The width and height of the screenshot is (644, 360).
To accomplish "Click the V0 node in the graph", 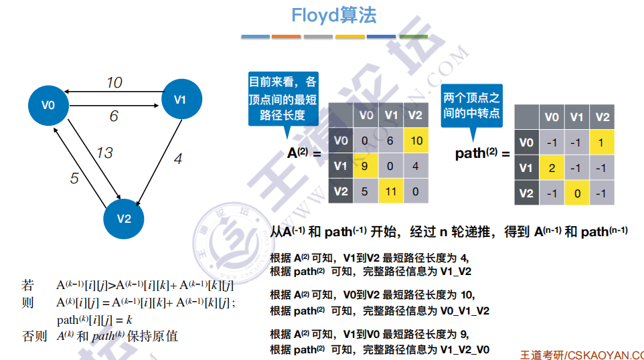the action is point(48,106).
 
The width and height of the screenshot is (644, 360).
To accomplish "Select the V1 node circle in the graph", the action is point(181,99).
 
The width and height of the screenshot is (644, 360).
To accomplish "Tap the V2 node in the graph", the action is point(124,219).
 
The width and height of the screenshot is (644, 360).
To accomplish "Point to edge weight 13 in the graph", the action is point(104,153).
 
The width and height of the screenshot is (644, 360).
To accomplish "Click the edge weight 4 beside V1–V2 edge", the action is point(178,159).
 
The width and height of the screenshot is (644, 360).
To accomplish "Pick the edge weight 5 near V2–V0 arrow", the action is point(74,178).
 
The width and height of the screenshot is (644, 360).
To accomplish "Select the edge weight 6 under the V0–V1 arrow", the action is point(114,116).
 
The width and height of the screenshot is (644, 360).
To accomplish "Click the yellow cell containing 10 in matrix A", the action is point(416,141).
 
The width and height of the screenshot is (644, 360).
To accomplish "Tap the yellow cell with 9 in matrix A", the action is point(366,166).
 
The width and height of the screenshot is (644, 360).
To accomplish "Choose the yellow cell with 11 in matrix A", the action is point(390,191).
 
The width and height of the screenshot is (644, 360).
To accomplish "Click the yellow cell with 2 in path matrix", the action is point(552,167).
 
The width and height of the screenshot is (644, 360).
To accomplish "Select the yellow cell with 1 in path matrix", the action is point(602,143).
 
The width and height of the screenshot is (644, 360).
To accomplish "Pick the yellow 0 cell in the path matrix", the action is point(576,193).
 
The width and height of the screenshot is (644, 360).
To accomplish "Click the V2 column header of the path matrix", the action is point(602,117).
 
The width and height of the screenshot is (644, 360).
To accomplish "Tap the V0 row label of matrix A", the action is point(341,141).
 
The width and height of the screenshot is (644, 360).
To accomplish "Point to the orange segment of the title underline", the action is point(287,37).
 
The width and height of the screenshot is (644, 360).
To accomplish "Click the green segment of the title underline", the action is point(414,37).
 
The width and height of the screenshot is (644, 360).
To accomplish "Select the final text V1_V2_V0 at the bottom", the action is point(465,350).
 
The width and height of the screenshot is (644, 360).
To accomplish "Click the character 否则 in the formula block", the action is point(35,336).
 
